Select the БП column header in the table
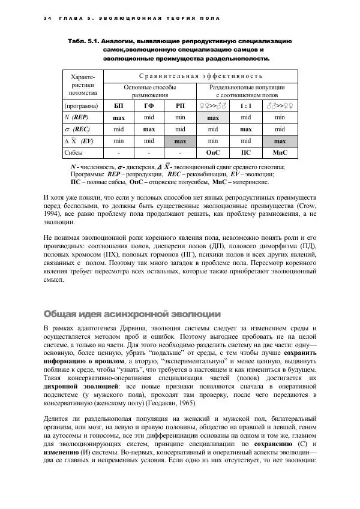tap(119, 106)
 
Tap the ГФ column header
tap(149, 106)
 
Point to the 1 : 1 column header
tap(245, 106)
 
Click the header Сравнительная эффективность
tap(200, 76)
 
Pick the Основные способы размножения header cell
tap(150, 91)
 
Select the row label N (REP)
tap(80, 118)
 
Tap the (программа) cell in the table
tap(83, 106)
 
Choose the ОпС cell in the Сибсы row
tap(213, 153)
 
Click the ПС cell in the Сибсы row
tap(245, 153)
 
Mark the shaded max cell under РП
tap(180, 141)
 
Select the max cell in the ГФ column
tap(149, 129)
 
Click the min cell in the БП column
tap(119, 141)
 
